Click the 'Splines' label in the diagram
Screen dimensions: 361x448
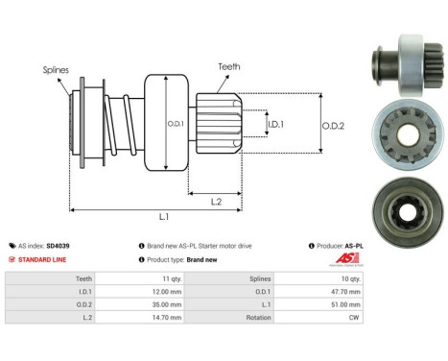55,69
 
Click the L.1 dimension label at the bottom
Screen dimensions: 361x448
164,219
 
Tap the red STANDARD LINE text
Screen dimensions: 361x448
39,259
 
